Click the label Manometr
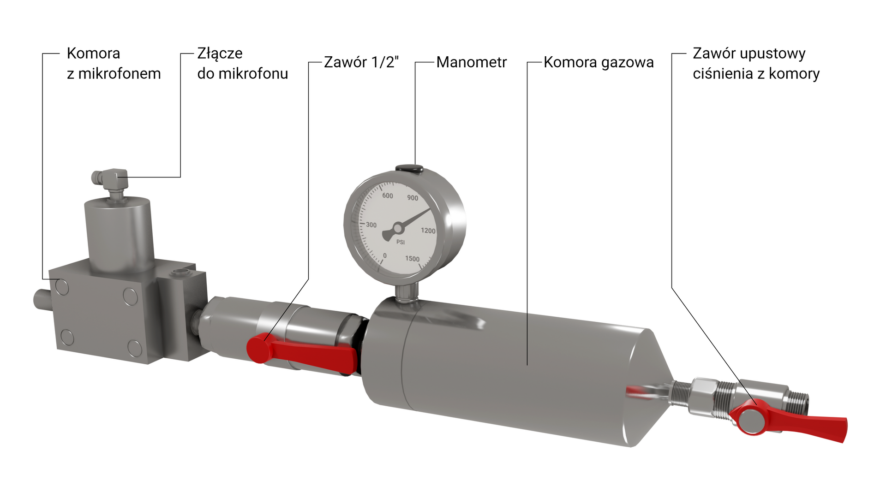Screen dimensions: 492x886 [x=471, y=62]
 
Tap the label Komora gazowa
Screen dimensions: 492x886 [x=598, y=62]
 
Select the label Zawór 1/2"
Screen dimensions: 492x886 [x=361, y=62]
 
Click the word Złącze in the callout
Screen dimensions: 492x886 [x=220, y=53]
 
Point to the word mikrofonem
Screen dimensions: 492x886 [x=120, y=74]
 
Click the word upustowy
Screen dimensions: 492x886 [x=773, y=53]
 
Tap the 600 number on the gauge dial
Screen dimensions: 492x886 [x=388, y=196]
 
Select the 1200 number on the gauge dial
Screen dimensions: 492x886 [x=428, y=231]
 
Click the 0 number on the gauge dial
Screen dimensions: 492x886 [x=385, y=255]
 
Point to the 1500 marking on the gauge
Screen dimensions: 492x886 [x=412, y=259]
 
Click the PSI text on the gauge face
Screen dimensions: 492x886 [x=401, y=242]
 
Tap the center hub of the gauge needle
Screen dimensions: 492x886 [x=397, y=228]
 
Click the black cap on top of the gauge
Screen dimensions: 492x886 [x=409, y=168]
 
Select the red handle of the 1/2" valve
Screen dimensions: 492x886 [x=305, y=352]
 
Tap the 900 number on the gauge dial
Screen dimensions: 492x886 [x=413, y=198]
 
